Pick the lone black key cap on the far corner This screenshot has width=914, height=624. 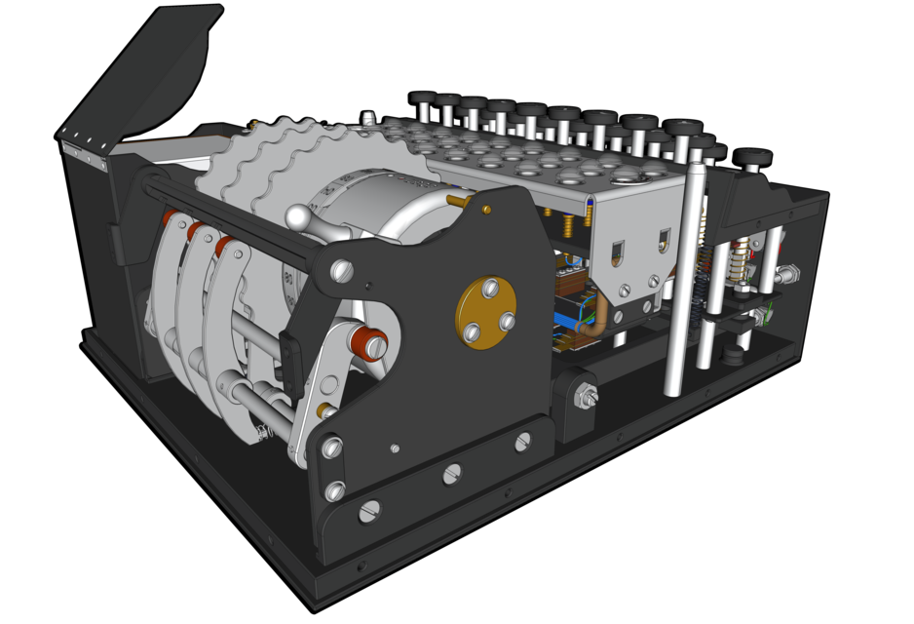pyautogui.click(x=752, y=157)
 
